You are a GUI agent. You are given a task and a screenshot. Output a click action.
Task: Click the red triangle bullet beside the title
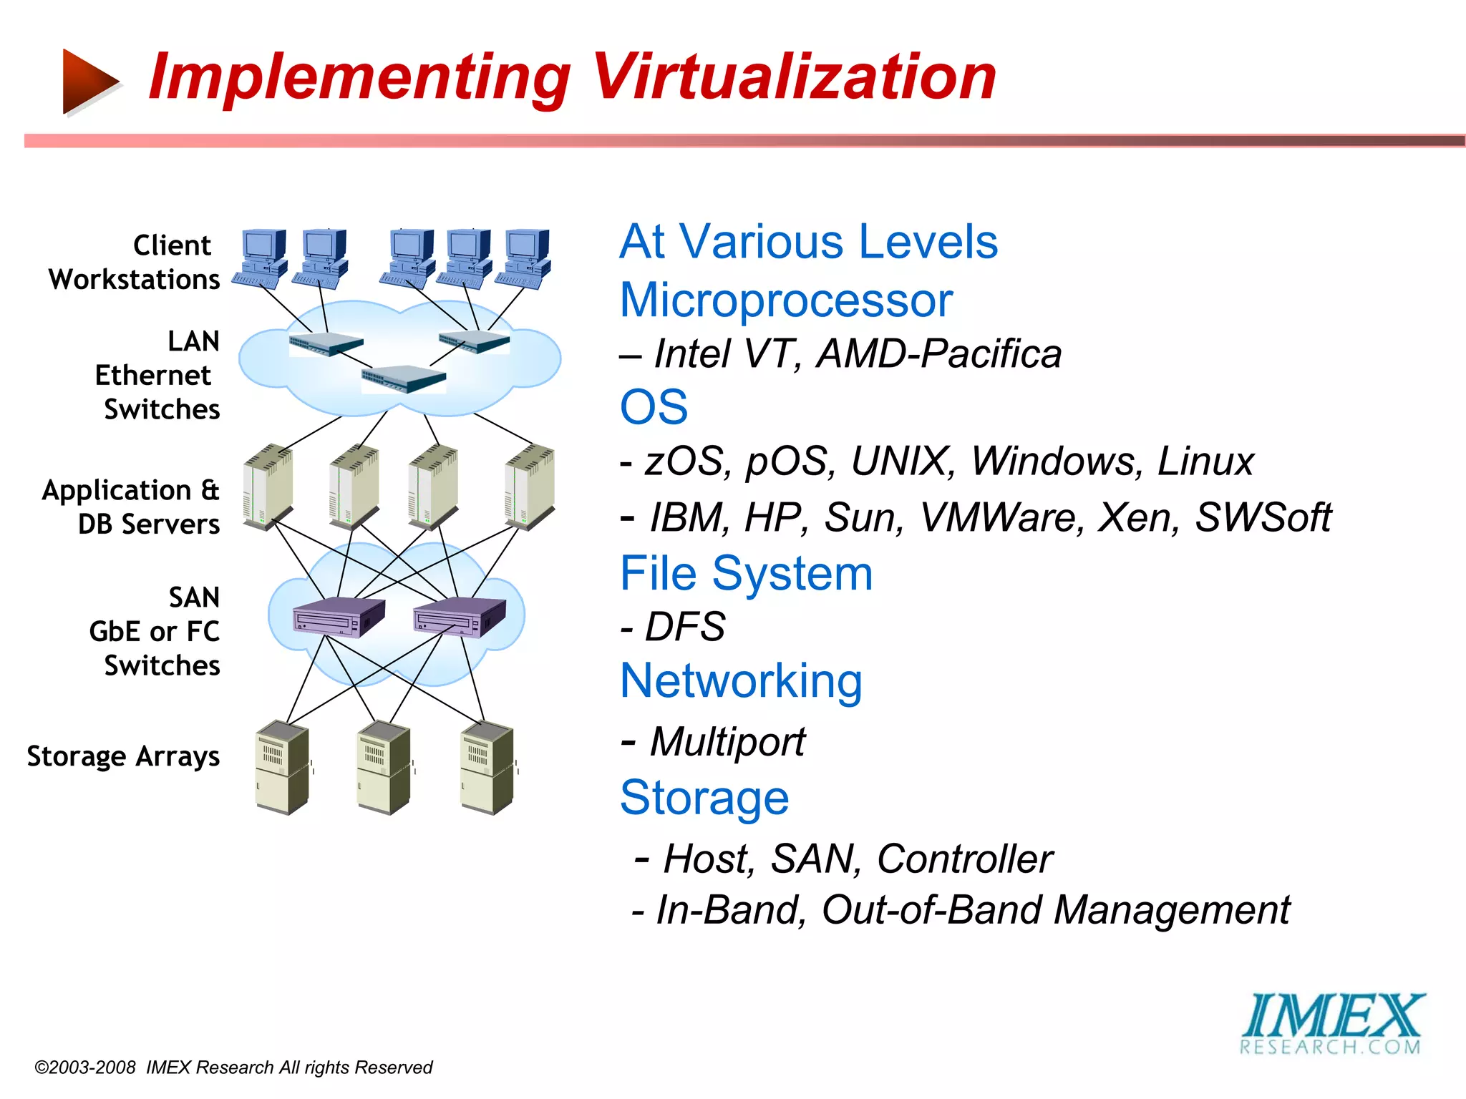point(89,82)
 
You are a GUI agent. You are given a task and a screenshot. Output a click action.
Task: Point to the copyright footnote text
point(233,1068)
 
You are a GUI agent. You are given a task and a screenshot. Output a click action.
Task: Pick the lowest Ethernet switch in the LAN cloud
point(403,378)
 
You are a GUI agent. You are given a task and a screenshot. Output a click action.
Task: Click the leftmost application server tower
point(268,487)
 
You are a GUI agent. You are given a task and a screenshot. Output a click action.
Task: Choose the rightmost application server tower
point(530,487)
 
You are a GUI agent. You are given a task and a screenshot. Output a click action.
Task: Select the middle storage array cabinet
point(384,768)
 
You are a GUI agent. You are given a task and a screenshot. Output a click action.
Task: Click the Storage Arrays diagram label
point(123,756)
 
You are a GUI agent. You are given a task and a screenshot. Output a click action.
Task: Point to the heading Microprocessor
point(786,300)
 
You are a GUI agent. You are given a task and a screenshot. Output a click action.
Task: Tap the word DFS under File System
point(685,627)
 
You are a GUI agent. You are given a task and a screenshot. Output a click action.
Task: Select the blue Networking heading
point(741,680)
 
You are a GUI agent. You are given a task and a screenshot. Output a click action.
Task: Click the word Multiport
point(727,741)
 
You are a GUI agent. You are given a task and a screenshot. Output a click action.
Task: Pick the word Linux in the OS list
point(1205,461)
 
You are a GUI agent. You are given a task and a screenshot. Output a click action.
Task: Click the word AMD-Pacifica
point(939,354)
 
